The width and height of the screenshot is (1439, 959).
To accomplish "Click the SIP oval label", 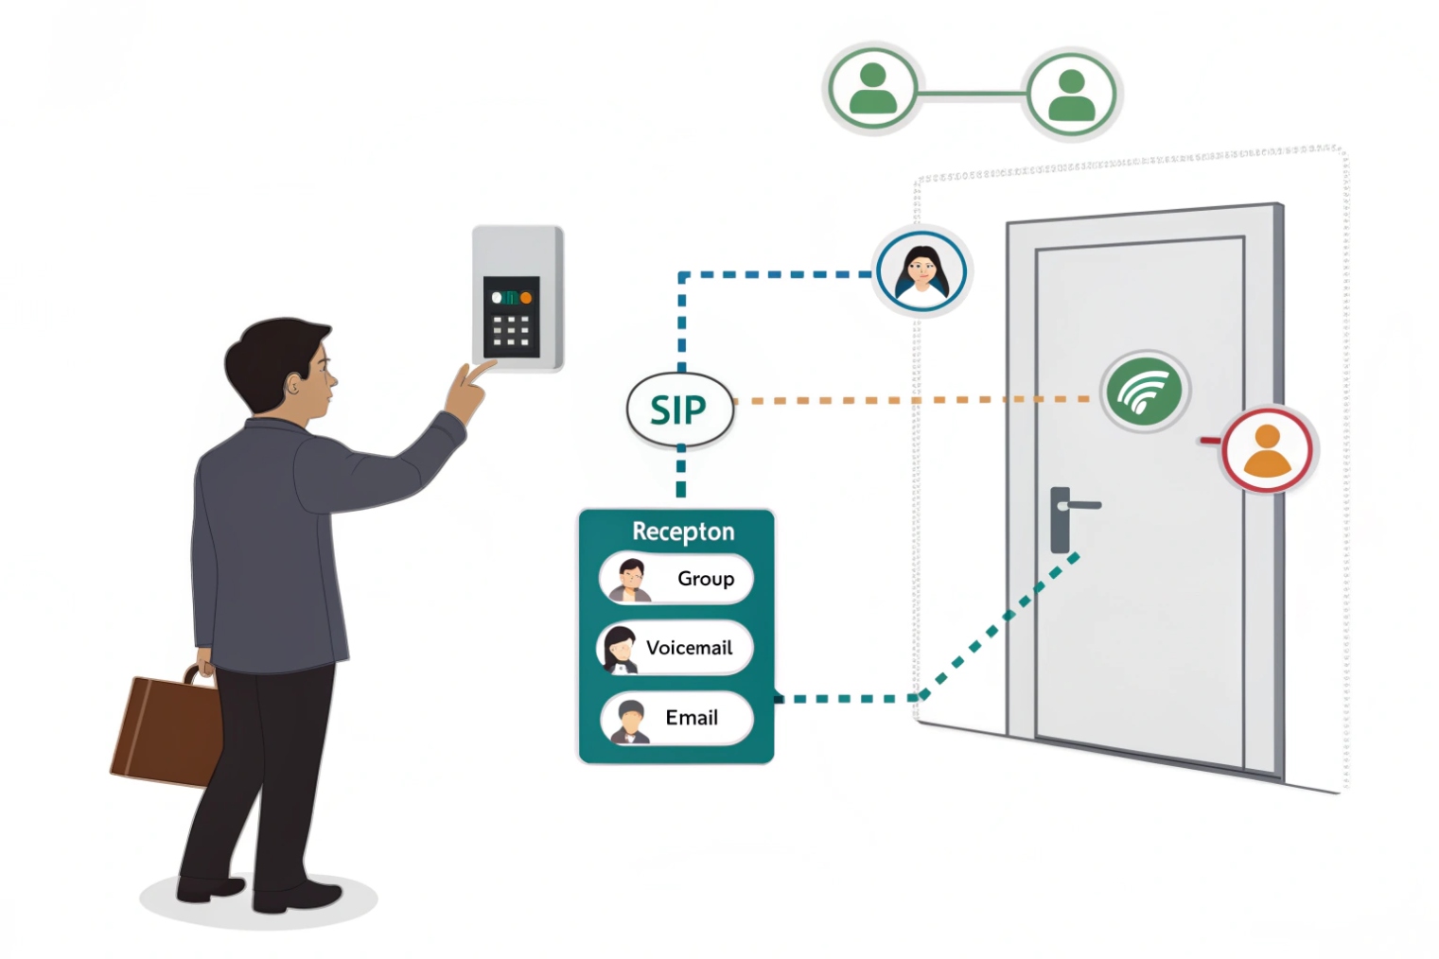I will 679,410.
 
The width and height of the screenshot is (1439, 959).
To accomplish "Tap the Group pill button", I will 676,579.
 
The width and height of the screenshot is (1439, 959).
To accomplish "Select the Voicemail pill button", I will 676,648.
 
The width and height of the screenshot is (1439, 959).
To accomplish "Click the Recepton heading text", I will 683,532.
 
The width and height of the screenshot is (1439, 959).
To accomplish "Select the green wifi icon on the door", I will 1144,391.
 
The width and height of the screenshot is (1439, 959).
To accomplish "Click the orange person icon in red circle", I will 1267,450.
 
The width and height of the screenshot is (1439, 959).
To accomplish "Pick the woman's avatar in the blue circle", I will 921,270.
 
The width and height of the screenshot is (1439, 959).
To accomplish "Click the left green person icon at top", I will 872,90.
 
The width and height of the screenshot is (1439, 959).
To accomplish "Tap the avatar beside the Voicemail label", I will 621,649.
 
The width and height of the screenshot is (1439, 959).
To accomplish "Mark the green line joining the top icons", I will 972,93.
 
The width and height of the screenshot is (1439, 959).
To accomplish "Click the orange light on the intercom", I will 526,298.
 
